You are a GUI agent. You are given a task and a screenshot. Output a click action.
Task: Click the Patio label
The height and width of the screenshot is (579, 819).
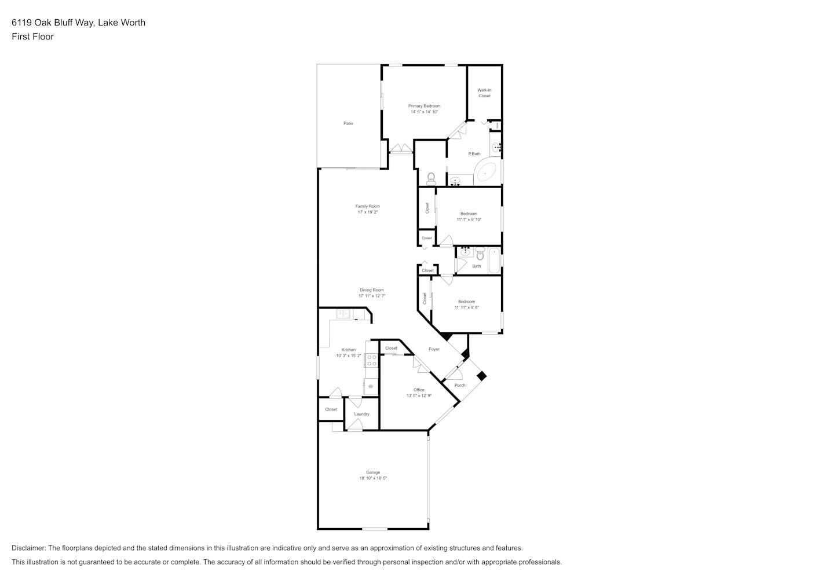point(348,123)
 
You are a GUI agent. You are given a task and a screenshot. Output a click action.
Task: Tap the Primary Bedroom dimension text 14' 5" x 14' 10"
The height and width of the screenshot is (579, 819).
point(424,112)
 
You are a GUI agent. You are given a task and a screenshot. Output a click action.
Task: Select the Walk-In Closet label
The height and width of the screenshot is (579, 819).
point(484,93)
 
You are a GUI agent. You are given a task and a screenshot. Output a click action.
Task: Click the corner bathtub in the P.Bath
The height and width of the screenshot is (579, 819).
point(485,173)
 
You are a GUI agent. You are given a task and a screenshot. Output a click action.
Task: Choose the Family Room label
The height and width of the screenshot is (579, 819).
point(367,206)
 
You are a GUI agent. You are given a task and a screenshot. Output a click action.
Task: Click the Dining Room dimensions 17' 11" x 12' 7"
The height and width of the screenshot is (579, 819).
point(371,296)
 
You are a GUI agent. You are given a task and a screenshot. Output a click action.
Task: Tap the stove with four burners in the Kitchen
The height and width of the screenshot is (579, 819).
point(371,361)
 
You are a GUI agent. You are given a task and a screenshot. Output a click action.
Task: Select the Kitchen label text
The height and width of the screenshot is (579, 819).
point(349,350)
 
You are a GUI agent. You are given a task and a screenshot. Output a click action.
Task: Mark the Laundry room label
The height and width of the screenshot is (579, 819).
point(361,414)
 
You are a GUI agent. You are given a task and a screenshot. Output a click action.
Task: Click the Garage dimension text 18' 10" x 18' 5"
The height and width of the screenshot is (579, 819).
point(373,478)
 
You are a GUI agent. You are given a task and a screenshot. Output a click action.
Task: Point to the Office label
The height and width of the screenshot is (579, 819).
point(419,390)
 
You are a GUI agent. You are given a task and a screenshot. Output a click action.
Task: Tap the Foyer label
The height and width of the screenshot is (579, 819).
point(434,349)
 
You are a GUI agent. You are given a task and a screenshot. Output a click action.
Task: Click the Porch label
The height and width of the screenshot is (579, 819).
point(460,385)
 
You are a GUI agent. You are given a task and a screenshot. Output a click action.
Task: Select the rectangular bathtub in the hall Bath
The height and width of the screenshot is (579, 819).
point(494,261)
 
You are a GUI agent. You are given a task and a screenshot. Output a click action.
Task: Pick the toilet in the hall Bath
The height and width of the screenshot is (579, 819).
point(479,253)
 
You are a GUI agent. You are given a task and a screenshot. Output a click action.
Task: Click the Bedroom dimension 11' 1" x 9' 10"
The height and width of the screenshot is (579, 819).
point(469,219)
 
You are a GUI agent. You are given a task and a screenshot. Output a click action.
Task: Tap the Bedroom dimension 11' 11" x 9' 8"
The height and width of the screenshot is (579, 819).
point(466,307)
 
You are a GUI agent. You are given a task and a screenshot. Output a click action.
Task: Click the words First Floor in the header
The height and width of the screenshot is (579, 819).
point(32,36)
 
